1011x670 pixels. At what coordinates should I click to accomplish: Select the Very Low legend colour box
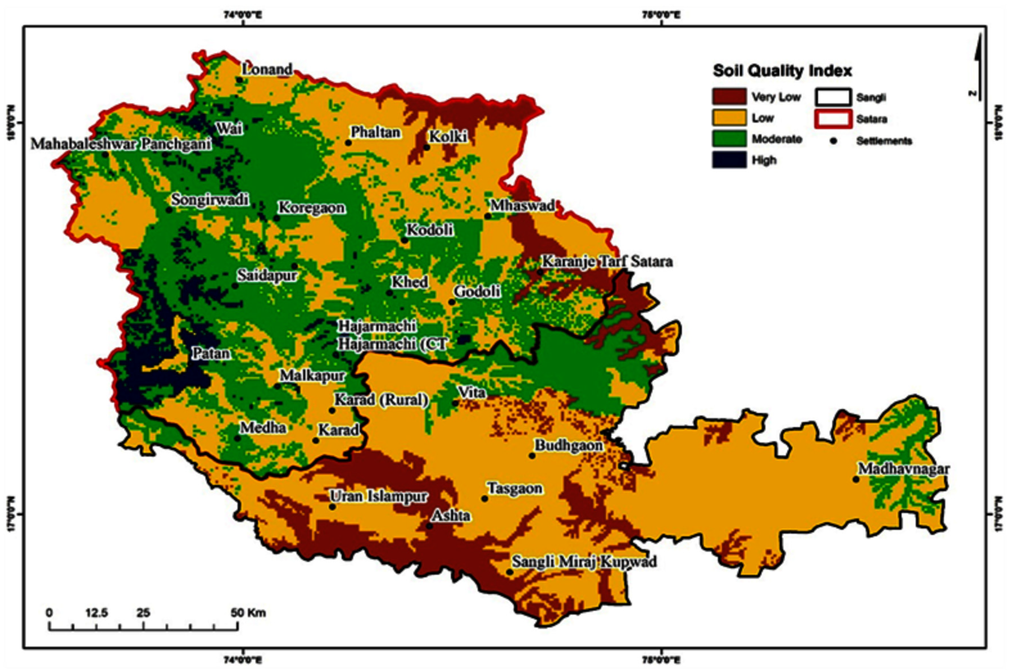(x=729, y=96)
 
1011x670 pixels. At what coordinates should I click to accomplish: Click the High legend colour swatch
(x=729, y=160)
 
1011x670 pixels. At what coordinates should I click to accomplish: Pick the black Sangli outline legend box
(x=832, y=97)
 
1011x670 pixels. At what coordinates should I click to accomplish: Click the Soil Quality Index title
(x=782, y=71)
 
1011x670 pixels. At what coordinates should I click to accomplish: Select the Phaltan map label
(x=376, y=132)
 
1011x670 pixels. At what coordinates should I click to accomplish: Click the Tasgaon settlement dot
(x=484, y=499)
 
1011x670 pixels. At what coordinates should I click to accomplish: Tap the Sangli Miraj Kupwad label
(x=584, y=561)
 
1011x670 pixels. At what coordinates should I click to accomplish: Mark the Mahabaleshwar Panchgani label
(x=121, y=144)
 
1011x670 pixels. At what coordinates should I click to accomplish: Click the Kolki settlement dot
(x=426, y=148)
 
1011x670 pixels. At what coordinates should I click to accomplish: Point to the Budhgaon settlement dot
(x=532, y=456)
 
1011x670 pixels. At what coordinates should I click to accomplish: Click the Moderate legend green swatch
(x=729, y=139)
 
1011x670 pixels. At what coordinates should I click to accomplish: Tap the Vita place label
(x=471, y=392)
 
